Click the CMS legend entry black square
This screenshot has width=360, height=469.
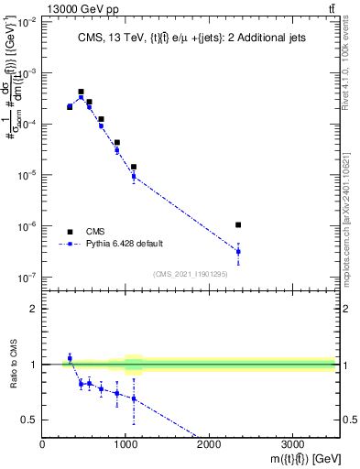click(70, 232)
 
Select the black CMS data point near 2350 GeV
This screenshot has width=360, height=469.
click(238, 224)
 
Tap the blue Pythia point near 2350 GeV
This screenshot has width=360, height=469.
click(238, 251)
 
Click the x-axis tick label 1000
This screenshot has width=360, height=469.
click(125, 444)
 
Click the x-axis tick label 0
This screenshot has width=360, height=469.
click(42, 444)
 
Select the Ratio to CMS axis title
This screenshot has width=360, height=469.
click(14, 365)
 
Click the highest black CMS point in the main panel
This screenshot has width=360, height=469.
click(81, 92)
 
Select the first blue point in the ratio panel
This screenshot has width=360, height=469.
click(70, 358)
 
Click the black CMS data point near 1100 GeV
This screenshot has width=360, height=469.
click(134, 167)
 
